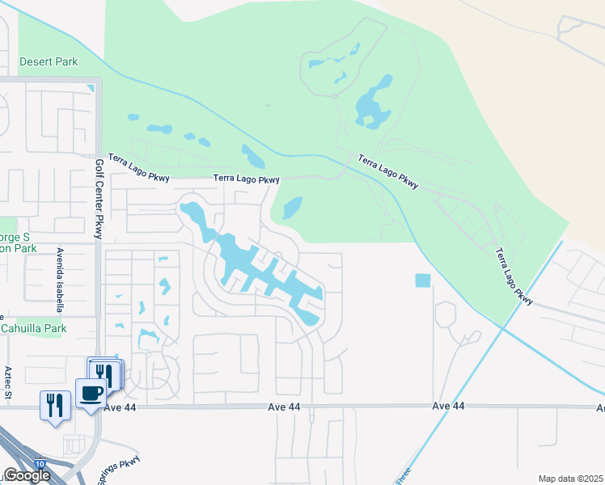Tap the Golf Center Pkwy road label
(x=99, y=198)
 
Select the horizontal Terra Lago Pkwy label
(x=247, y=179)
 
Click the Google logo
(x=26, y=475)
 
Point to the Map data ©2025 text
(x=569, y=479)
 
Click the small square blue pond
(x=422, y=280)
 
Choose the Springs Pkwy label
(x=120, y=470)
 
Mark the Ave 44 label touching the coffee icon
(x=286, y=407)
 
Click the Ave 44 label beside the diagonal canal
(x=449, y=406)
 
